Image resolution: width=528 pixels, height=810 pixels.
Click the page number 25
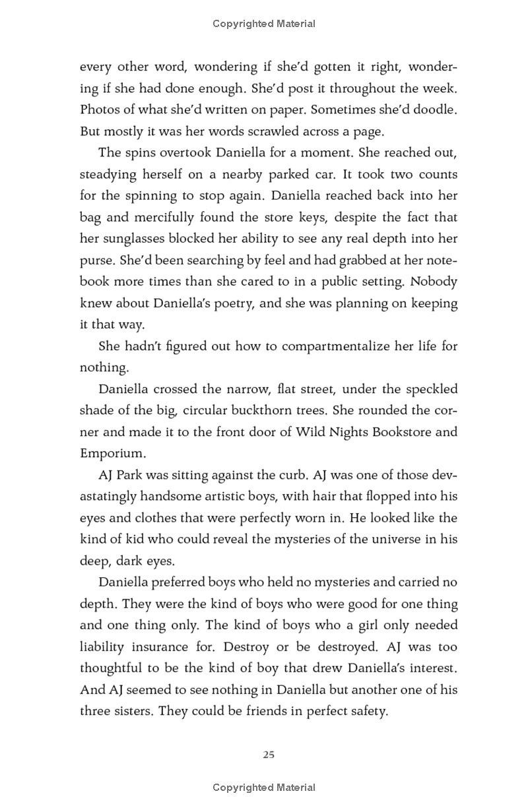268,755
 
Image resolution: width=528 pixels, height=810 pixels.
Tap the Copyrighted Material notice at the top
264,24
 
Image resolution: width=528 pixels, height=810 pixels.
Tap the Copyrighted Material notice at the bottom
264,787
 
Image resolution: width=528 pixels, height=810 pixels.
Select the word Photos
99,109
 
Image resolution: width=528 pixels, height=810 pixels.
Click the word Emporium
110,453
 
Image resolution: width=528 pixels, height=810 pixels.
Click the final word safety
366,712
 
